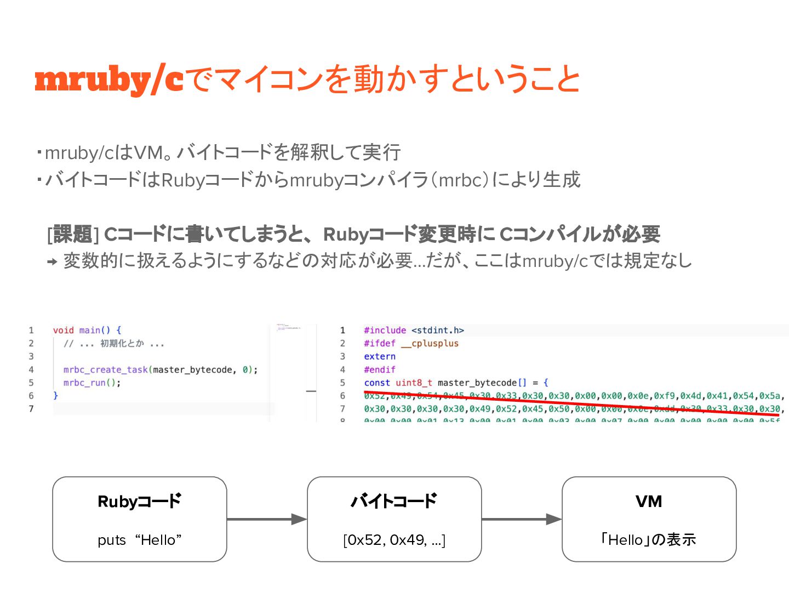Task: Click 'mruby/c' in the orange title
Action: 108,79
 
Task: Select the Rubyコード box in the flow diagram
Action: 139,519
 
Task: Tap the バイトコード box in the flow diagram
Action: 394,519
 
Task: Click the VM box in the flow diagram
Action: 649,519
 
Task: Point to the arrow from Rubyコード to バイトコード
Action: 267,519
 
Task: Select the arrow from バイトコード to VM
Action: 522,519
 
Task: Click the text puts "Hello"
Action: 139,540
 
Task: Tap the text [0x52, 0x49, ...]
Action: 394,540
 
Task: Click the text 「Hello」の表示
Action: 649,540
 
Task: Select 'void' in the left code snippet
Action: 63,330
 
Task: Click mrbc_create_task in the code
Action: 105,369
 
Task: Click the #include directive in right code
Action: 385,330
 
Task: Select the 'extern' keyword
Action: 379,356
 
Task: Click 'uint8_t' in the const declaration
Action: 414,383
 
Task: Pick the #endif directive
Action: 379,369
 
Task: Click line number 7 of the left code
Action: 31,408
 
